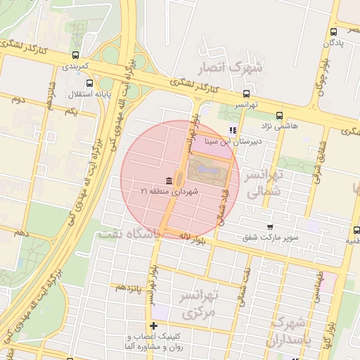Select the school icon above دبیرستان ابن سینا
coord(233,130)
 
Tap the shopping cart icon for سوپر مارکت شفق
coord(270,227)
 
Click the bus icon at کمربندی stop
coord(75,55)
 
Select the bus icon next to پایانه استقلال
coord(88,84)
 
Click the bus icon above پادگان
coord(333,32)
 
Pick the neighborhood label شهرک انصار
coord(231,67)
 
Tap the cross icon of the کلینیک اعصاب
coord(154,325)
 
